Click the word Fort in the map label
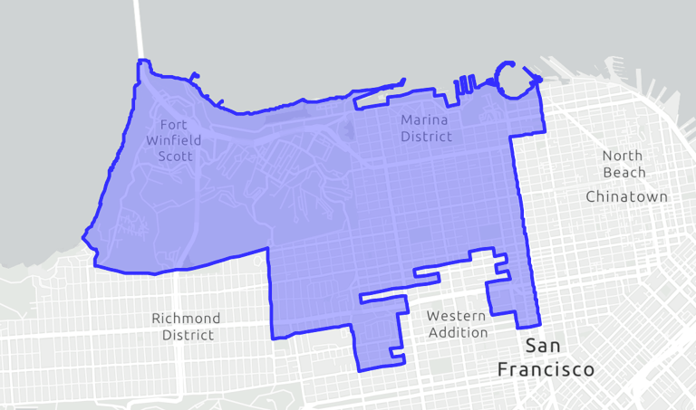pos(173,124)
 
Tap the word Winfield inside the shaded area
pos(173,140)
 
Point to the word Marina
pos(423,120)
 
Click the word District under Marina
pos(424,137)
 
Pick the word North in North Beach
pos(624,156)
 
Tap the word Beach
pos(624,172)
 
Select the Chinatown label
pos(626,196)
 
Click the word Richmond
pos(186,319)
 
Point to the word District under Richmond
pos(188,335)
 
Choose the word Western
pos(456,316)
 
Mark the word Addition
pos(458,332)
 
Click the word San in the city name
pos(544,347)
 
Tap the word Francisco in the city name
pos(546,369)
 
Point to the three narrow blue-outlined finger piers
pos(464,85)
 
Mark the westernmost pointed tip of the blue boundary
pos(83,238)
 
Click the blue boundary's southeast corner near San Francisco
pos(539,323)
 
